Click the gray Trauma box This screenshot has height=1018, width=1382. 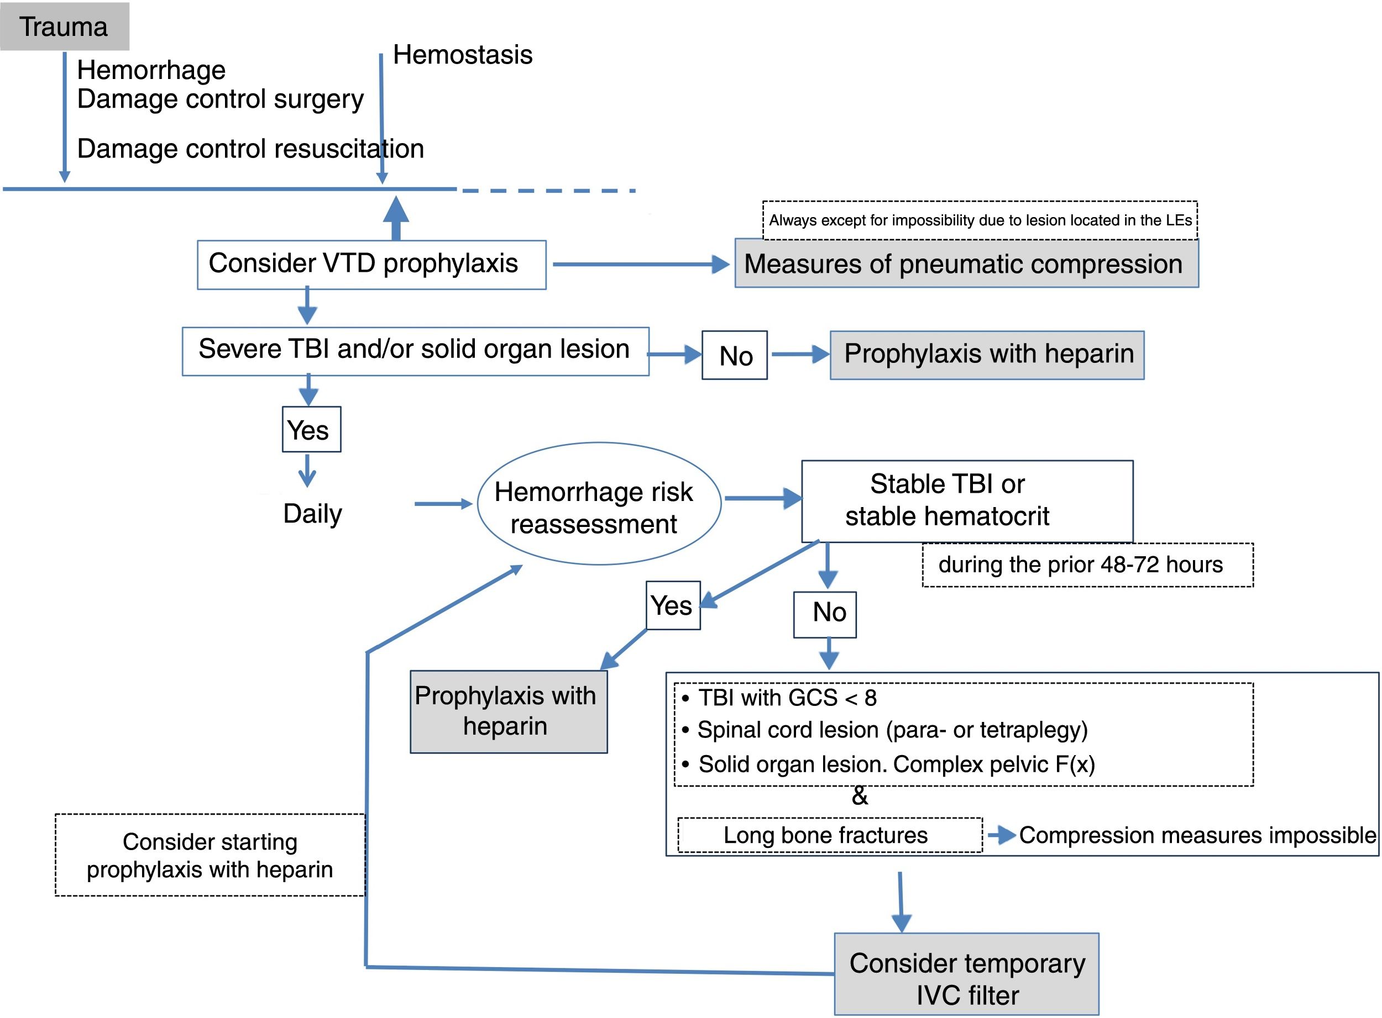pos(64,27)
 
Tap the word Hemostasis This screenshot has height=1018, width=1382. pos(463,55)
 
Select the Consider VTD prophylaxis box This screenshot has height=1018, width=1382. pos(371,265)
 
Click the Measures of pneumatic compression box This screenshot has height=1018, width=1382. pos(966,263)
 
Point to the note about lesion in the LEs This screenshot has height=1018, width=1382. pos(980,220)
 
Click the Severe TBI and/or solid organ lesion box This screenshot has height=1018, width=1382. pos(415,351)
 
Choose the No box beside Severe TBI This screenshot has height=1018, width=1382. pos(734,356)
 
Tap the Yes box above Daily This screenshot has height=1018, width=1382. pos(311,430)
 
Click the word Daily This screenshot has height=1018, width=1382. pos(312,513)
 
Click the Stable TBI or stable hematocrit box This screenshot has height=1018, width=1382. pos(966,500)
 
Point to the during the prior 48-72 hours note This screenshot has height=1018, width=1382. pos(1087,565)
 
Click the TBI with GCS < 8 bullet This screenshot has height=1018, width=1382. pos(786,698)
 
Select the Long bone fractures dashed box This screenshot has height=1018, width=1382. pos(829,836)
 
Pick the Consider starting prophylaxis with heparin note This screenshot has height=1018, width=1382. pos(210,855)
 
